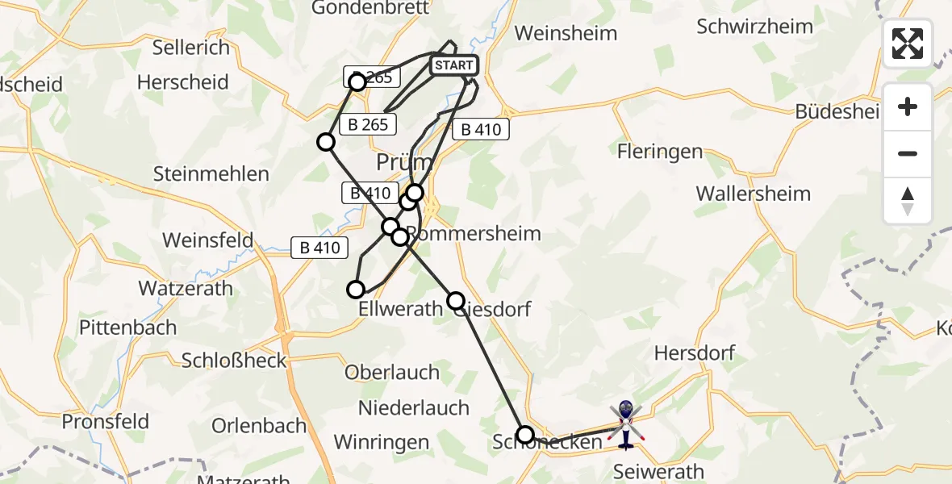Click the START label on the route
coord(453,65)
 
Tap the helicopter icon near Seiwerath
coord(626,425)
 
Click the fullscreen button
coord(908,44)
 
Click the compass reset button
coord(908,201)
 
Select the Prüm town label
coord(404,163)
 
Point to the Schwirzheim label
coord(754,27)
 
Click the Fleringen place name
coord(659,152)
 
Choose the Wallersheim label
coord(753,194)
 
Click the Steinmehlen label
coord(211,173)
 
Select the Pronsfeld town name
coord(106,421)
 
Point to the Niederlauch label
coord(414,407)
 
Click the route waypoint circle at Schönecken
coord(525,435)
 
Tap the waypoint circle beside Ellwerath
coord(356,290)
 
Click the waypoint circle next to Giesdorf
coord(456,301)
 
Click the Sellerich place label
coord(191,48)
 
